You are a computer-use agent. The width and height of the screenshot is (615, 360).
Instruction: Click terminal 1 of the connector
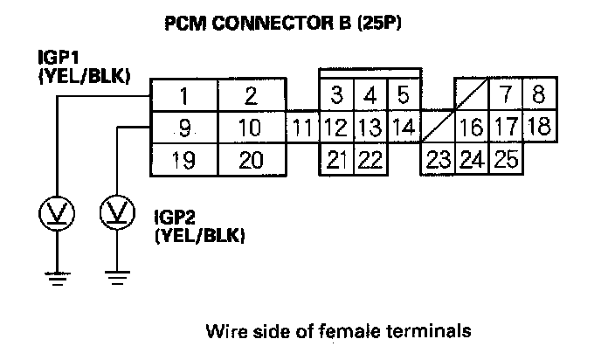[x=183, y=95]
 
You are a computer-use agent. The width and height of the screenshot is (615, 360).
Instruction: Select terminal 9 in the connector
[x=183, y=128]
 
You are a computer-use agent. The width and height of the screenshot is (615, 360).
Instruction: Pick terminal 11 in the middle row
[x=302, y=128]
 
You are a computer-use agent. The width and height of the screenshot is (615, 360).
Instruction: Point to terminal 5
[x=403, y=94]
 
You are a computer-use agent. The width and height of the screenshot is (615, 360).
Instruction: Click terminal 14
[x=403, y=128]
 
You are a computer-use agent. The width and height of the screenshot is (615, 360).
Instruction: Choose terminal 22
[x=370, y=160]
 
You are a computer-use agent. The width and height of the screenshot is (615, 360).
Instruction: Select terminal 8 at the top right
[x=538, y=94]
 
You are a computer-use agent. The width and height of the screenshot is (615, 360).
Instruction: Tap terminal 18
[x=538, y=127]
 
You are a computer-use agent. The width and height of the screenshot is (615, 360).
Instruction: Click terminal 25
[x=506, y=160]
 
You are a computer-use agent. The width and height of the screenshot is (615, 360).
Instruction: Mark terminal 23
[x=438, y=160]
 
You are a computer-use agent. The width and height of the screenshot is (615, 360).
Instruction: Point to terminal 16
[x=471, y=128]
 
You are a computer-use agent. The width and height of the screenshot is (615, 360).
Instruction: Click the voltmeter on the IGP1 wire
[x=57, y=212]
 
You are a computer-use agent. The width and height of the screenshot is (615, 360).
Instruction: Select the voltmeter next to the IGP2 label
[x=115, y=212]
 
